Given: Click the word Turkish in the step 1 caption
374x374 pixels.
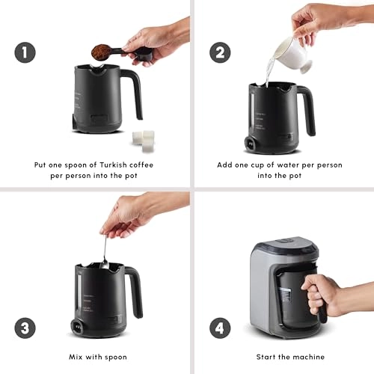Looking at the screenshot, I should (106, 164).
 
